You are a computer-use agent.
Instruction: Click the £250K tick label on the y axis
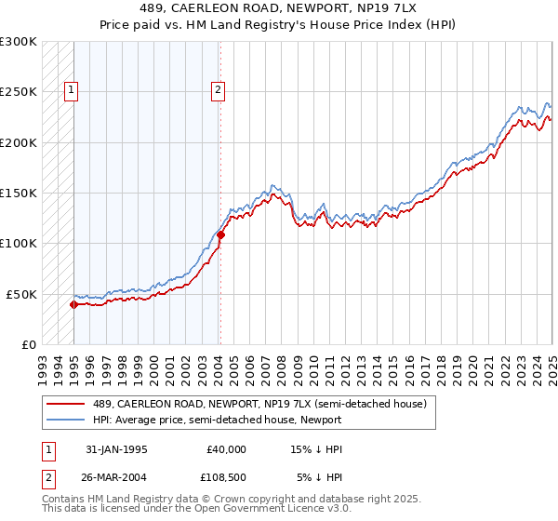click(19, 92)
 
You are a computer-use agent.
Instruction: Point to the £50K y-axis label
click(21, 294)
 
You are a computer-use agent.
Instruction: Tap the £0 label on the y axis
click(29, 344)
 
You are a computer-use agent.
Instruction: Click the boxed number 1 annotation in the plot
click(72, 90)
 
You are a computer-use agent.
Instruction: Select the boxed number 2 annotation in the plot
click(217, 90)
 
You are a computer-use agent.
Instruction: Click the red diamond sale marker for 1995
click(73, 304)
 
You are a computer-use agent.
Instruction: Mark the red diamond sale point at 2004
click(220, 234)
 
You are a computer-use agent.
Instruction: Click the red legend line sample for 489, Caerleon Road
click(65, 404)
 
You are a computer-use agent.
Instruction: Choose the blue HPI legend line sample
click(65, 420)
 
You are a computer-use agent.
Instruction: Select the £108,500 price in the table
click(226, 477)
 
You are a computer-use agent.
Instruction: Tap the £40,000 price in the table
click(226, 449)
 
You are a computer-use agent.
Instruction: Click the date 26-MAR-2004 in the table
click(111, 477)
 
